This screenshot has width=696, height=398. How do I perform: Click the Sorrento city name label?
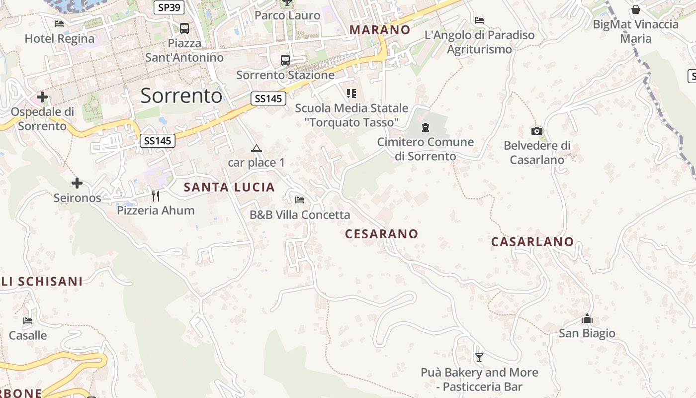[181, 96]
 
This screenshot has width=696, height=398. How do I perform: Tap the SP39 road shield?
[169, 7]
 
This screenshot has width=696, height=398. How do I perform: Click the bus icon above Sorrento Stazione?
[285, 60]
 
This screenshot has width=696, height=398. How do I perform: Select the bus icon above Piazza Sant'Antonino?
[184, 28]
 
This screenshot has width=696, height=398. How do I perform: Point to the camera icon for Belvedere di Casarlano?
[537, 131]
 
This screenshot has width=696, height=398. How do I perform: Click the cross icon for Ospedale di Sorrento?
[42, 97]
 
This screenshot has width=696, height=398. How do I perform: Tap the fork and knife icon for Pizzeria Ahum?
[156, 196]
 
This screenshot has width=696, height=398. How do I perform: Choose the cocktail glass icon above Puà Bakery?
[479, 357]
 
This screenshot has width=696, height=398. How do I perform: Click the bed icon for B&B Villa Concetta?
[300, 200]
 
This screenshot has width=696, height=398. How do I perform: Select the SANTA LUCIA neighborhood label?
[229, 188]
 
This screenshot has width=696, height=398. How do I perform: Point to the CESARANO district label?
[382, 234]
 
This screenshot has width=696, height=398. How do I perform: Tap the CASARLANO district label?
[532, 242]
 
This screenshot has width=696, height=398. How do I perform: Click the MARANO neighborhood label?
[380, 30]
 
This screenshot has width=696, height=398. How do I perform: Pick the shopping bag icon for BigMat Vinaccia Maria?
[635, 9]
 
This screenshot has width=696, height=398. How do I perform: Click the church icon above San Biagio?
[587, 318]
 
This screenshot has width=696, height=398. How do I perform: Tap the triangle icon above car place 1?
[256, 148]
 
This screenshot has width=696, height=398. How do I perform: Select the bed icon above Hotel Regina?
[59, 23]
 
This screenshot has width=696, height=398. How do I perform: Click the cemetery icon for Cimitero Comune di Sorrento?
[425, 127]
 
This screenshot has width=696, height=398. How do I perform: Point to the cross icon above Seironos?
[77, 183]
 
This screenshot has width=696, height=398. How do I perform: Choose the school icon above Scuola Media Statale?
[351, 93]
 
